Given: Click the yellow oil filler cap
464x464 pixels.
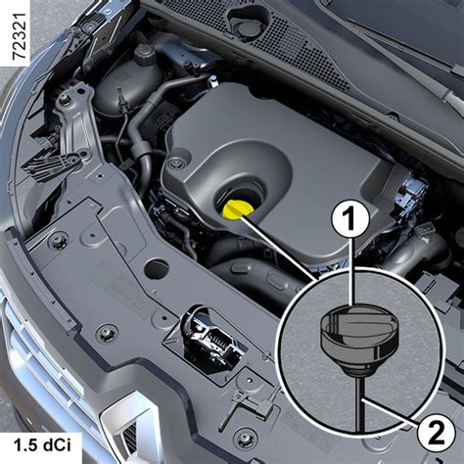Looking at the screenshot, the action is point(236,209).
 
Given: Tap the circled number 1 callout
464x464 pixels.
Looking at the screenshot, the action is point(350,219).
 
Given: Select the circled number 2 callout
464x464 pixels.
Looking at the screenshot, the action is point(436,433).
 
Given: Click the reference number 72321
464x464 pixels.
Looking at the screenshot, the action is point(19,36).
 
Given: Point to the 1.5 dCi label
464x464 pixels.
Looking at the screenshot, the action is point(42,444).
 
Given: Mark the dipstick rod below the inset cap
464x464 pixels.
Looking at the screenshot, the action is point(360,402).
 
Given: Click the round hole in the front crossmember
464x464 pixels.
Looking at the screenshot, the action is point(157,269).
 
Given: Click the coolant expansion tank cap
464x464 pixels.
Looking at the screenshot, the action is point(144,54).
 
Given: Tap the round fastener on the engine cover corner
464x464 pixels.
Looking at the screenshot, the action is point(177,162).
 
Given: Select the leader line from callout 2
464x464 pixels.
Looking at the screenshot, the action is point(391,412).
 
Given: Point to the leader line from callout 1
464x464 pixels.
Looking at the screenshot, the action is point(350,271).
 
